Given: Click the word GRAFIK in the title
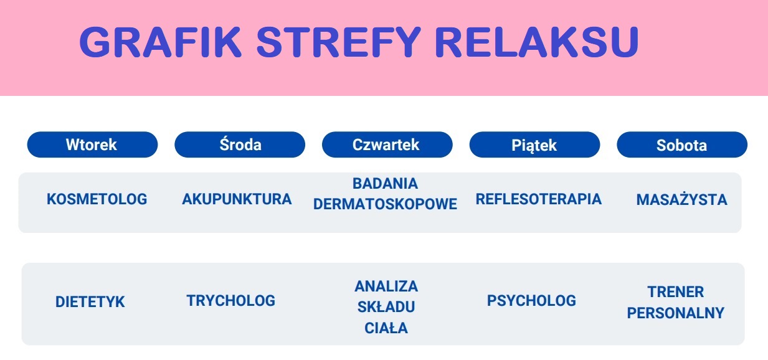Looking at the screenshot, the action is coord(161,42).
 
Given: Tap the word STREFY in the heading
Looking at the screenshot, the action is coord(338,42).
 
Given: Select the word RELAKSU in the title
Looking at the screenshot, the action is coord(536,42).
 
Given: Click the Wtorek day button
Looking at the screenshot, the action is coord(92,144).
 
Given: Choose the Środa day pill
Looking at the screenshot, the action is coord(240,144).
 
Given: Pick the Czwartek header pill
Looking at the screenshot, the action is coord(387,144).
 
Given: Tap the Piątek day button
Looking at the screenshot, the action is coord(534,144).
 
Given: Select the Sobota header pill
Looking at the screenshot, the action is coord(682,144).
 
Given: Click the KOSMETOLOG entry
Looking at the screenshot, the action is coord(97,199).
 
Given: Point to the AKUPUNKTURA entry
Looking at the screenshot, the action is coord(237,199).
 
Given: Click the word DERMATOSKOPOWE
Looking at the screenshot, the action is coord(385,204).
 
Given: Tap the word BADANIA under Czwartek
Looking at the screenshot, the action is coord(385,184).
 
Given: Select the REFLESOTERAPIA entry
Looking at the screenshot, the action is coord(538,199).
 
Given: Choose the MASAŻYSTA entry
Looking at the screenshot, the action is coord(681,199).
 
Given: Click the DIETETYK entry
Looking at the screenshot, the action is coord(90,301).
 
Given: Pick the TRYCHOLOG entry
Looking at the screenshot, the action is coord(230,300).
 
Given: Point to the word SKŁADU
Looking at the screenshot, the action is coord(386,306).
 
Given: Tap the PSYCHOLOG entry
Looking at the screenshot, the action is coord(531,300).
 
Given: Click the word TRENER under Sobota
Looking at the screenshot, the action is coord(675,292).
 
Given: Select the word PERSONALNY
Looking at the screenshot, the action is coord(675,313).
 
